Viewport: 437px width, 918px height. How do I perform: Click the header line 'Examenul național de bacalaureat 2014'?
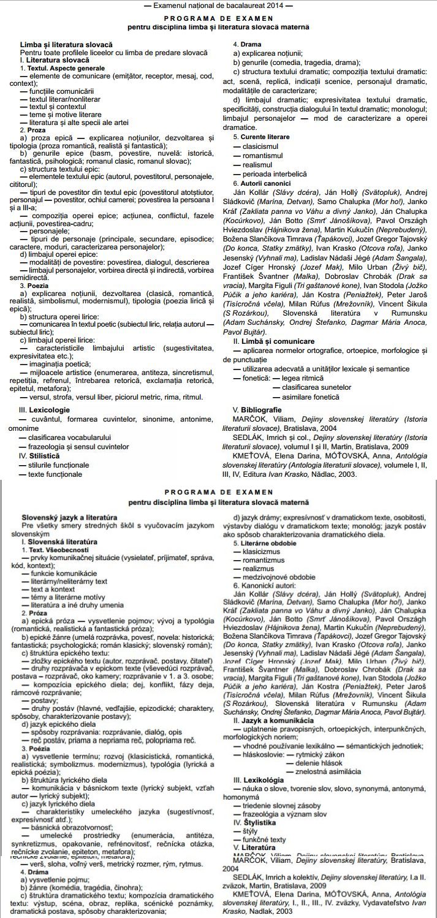coord(218,6)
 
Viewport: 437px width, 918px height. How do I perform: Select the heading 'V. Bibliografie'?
coord(257,409)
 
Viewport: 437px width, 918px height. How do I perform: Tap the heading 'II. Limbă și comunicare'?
coord(267,340)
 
